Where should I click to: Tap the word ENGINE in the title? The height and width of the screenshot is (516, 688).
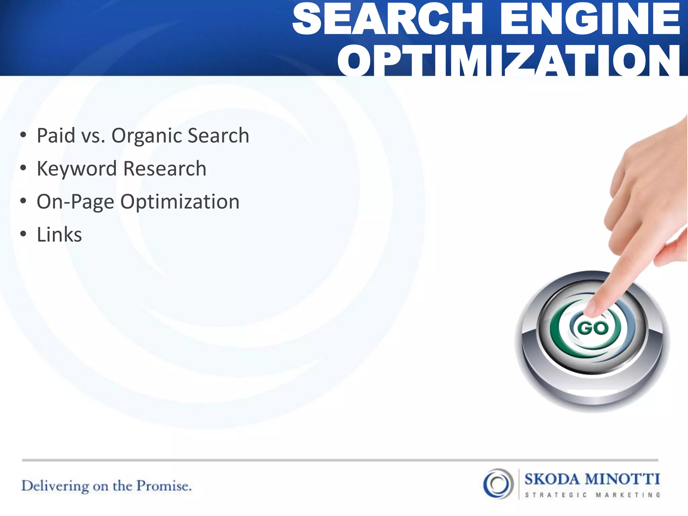tap(590, 19)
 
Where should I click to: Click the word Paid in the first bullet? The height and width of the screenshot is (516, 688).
tap(56, 136)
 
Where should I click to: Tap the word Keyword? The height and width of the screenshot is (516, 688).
tap(77, 169)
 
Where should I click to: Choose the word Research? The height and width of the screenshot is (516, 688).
tap(165, 168)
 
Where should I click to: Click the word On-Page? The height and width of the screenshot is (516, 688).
tap(75, 202)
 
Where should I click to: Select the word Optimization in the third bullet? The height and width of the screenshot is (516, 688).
tap(180, 202)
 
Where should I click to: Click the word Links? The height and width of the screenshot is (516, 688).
tap(59, 234)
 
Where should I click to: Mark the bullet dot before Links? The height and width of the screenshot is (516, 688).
tap(23, 234)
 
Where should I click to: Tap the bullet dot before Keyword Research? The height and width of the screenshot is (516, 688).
tap(23, 168)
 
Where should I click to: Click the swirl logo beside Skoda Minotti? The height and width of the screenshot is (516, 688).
tap(498, 484)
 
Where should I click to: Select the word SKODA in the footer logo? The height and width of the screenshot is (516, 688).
tap(552, 479)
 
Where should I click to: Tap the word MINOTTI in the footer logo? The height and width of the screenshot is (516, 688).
tap(622, 479)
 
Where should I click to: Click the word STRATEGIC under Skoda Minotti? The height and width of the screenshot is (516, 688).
tap(556, 495)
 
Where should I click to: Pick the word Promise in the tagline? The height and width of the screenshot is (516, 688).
tap(164, 486)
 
